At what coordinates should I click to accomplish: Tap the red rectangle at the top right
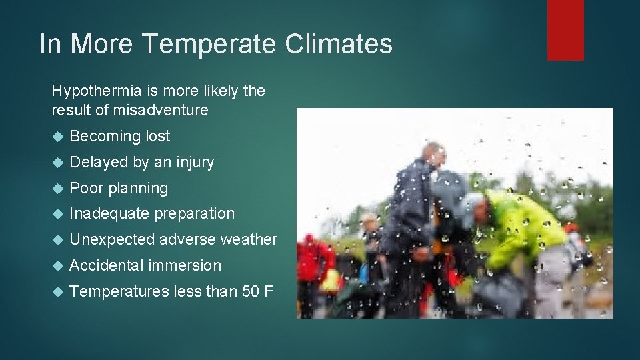coord(565,29)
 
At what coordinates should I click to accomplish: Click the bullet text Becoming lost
coord(120,136)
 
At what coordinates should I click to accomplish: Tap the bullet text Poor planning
coord(119,188)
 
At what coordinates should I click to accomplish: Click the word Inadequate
coord(109,214)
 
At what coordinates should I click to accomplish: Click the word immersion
coord(185,265)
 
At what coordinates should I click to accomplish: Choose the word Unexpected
coord(112,239)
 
